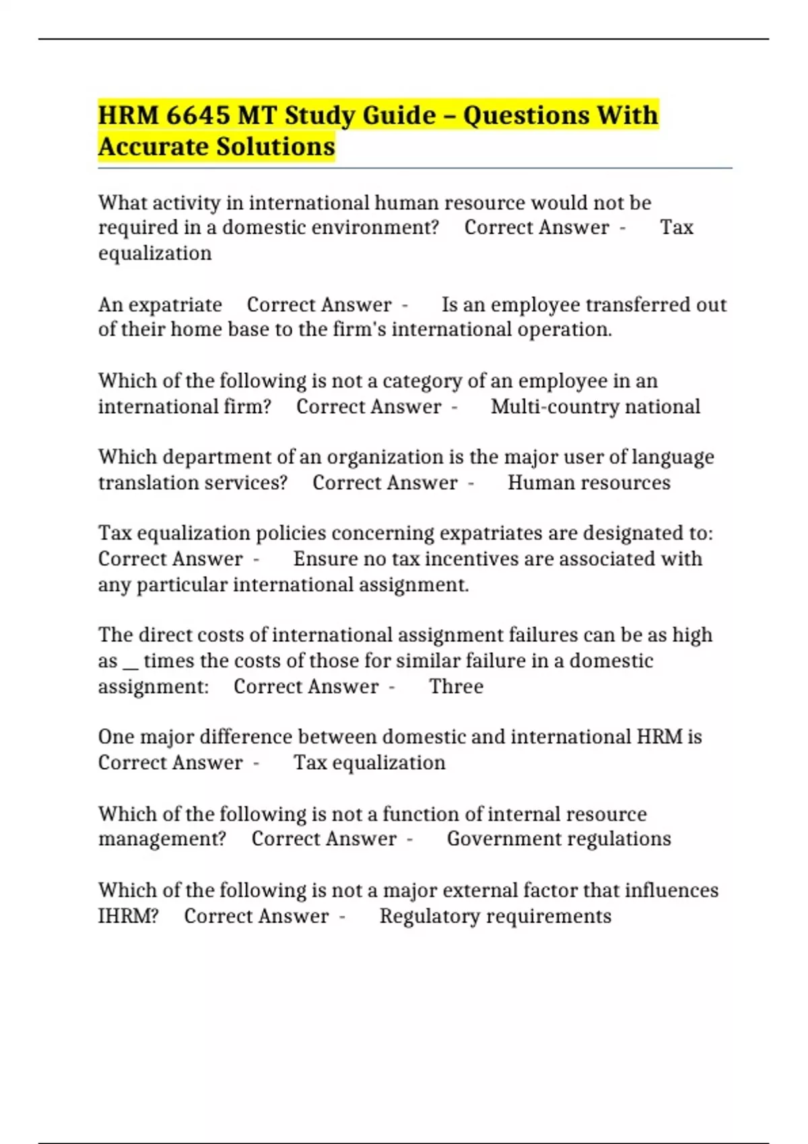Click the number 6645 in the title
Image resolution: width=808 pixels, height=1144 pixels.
click(197, 116)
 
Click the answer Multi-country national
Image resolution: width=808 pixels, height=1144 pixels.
click(595, 407)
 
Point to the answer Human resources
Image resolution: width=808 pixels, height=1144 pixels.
click(588, 483)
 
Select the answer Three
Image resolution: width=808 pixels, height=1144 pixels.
click(456, 687)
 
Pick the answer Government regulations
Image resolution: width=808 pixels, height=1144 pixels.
click(559, 839)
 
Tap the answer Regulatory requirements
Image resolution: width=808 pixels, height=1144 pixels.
click(495, 917)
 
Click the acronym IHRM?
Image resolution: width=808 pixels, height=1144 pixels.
click(129, 917)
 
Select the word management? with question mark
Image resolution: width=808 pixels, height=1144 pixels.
click(162, 839)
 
